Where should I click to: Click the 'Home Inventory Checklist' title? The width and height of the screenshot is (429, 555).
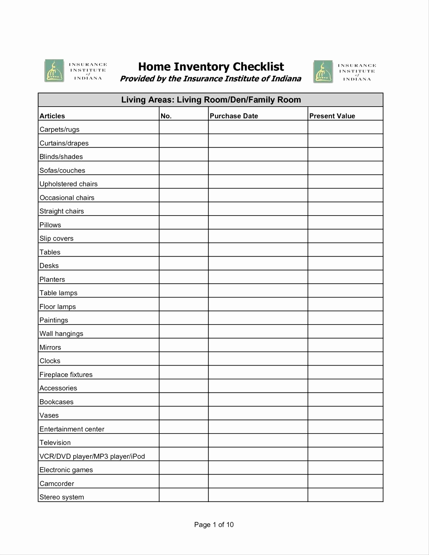coord(211,67)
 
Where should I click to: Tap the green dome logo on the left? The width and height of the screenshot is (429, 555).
coord(54,71)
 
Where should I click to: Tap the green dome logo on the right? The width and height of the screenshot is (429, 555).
coord(323,72)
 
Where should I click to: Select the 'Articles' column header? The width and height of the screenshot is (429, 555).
coord(52,116)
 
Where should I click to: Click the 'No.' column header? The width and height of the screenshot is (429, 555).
coord(166,116)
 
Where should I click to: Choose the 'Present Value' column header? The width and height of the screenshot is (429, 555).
coord(332,116)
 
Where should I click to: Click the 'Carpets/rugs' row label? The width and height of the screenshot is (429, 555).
coord(59,129)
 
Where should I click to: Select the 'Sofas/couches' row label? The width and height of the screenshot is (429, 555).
coord(62,170)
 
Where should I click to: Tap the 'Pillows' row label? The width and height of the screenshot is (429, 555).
coord(50,225)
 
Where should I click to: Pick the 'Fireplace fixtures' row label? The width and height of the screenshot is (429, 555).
coord(66,375)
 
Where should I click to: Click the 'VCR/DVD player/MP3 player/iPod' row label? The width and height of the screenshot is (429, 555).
coord(92,456)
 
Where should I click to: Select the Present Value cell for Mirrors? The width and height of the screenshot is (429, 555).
coord(345,345)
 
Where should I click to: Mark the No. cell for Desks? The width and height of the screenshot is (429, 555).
coord(184,263)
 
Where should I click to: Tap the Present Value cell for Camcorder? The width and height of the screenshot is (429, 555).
coord(345,481)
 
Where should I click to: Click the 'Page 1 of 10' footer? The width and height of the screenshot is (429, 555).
coord(214,525)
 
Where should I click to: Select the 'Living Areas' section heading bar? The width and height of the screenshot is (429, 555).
coord(211,100)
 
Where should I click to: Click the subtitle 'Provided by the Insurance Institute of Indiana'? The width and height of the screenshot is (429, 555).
coord(210,79)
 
